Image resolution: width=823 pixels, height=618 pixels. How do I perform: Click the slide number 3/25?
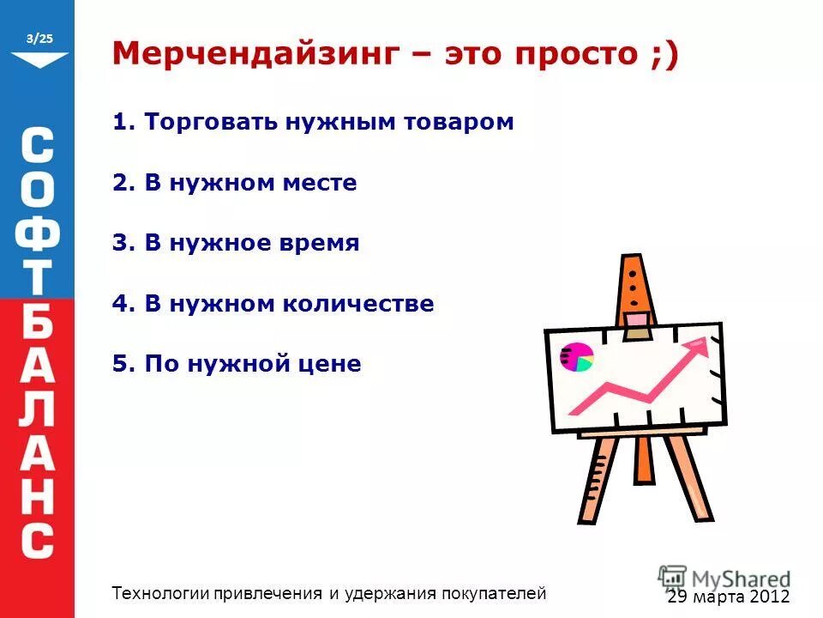click(40, 39)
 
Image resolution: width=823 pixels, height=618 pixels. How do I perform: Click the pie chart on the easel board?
click(576, 356)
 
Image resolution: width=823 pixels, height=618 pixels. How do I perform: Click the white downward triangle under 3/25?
click(39, 60)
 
